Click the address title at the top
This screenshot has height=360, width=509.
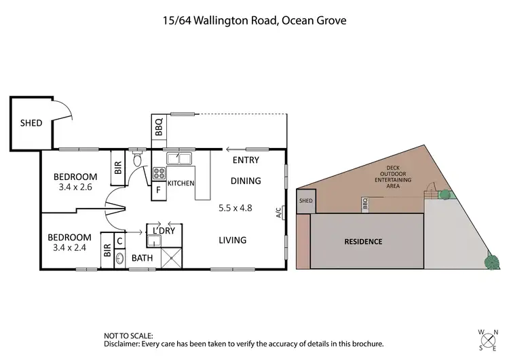pos(254,20)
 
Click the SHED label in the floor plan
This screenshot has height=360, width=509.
pos(31,123)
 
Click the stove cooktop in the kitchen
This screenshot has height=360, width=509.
pos(159,173)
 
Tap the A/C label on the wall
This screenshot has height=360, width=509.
pos(279,213)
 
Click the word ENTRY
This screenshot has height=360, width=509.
pos(246,160)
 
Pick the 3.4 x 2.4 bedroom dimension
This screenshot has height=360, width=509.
pos(69,248)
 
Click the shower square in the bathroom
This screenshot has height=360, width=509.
pos(172,257)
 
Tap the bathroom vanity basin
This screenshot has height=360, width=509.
pos(120,258)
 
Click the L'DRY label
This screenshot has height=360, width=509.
pos(165,230)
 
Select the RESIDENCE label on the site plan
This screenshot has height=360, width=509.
pos(363,241)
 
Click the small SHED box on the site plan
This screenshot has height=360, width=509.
pos(306,201)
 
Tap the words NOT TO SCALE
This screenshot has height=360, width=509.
pos(128,336)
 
